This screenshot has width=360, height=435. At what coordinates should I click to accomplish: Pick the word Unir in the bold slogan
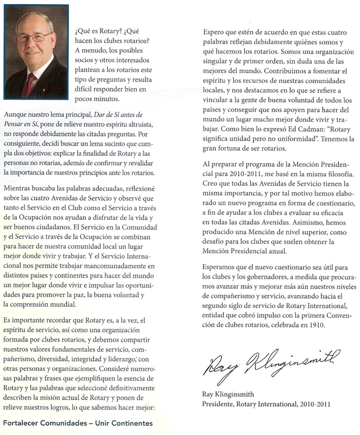[x=103, y=423]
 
